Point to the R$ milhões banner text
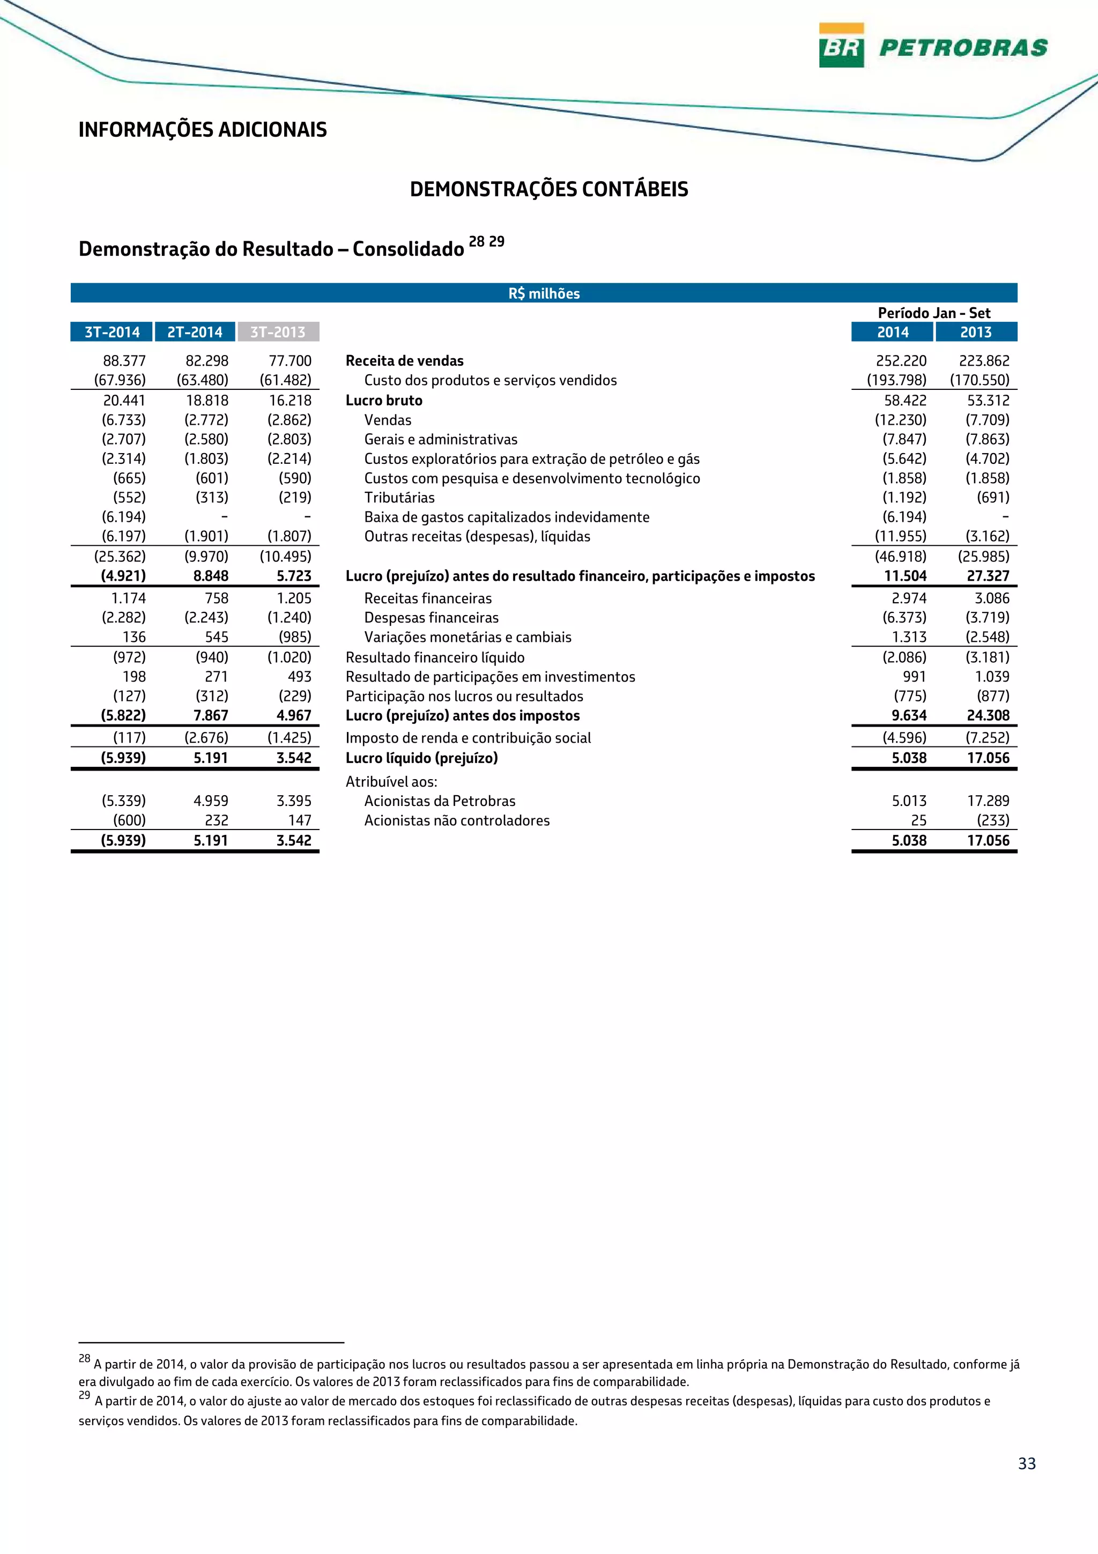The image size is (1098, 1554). pyautogui.click(x=544, y=294)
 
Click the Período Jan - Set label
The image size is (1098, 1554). pyautogui.click(x=933, y=313)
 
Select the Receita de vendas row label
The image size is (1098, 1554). pyautogui.click(x=405, y=361)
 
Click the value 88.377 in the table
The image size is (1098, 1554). pyautogui.click(x=124, y=361)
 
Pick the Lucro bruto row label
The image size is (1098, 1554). pyautogui.click(x=383, y=400)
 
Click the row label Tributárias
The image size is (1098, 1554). pyautogui.click(x=399, y=498)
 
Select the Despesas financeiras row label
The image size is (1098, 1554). pyautogui.click(x=431, y=617)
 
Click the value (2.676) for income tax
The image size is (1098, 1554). pyautogui.click(x=206, y=738)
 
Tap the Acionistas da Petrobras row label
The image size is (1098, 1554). pyautogui.click(x=440, y=801)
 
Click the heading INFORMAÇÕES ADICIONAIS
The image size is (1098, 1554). pyautogui.click(x=202, y=130)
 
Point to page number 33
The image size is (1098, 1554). pyautogui.click(x=1026, y=1463)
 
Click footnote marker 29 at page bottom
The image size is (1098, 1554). pyautogui.click(x=84, y=1395)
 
